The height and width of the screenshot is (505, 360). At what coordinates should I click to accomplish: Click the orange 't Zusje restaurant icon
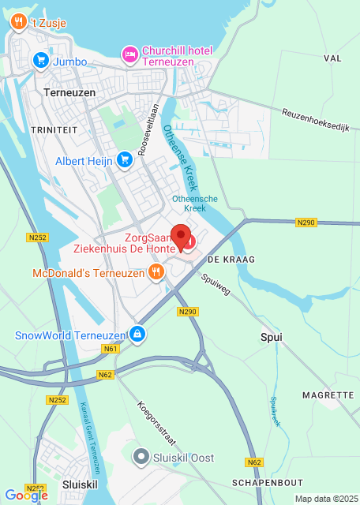click(x=19, y=24)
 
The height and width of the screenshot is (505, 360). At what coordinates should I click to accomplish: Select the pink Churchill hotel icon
click(x=129, y=54)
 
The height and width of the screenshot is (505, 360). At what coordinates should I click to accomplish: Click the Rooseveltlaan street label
click(x=148, y=129)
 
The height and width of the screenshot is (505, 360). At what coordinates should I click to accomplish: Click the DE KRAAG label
click(x=223, y=259)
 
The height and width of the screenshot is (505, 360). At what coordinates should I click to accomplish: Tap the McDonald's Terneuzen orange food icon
click(x=156, y=273)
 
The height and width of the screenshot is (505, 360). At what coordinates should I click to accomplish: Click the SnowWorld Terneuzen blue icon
click(x=138, y=335)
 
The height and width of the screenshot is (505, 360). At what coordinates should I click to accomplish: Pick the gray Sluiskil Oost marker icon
click(x=141, y=457)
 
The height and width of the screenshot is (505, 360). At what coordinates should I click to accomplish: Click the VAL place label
click(x=332, y=58)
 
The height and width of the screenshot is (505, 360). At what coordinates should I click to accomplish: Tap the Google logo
click(x=25, y=495)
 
